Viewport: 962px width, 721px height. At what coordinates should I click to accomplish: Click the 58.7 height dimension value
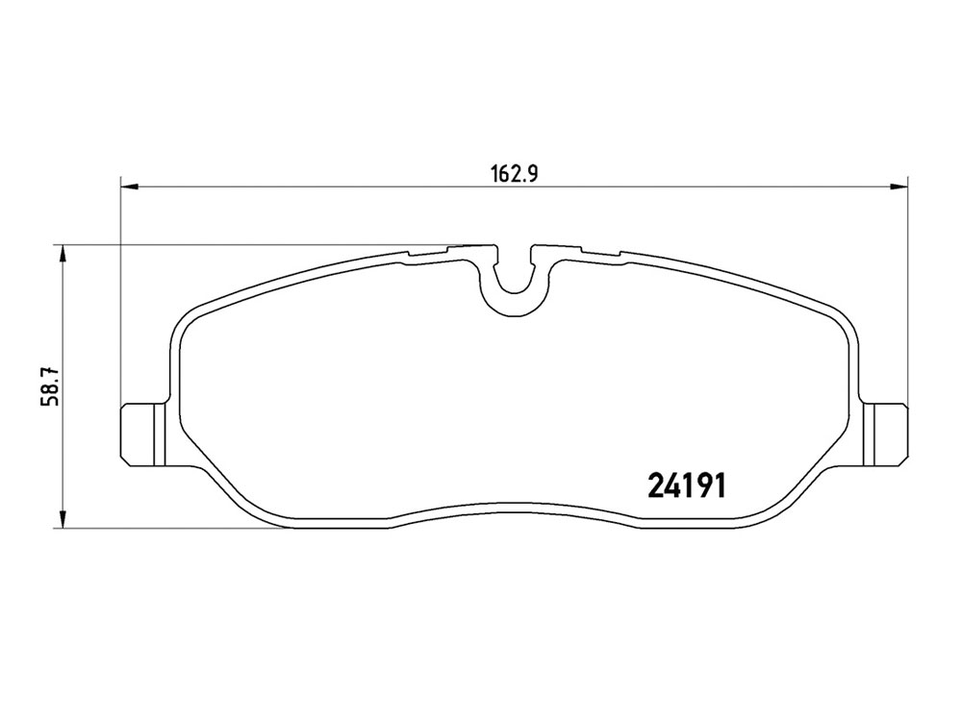pos(49,385)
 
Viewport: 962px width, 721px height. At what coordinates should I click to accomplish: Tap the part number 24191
pos(687,485)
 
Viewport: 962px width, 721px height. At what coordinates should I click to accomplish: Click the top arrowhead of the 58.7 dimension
pos(62,254)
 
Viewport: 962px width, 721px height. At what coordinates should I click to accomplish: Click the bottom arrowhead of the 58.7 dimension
pos(62,520)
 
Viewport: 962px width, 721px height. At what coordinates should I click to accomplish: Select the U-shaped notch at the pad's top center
pos(514,286)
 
